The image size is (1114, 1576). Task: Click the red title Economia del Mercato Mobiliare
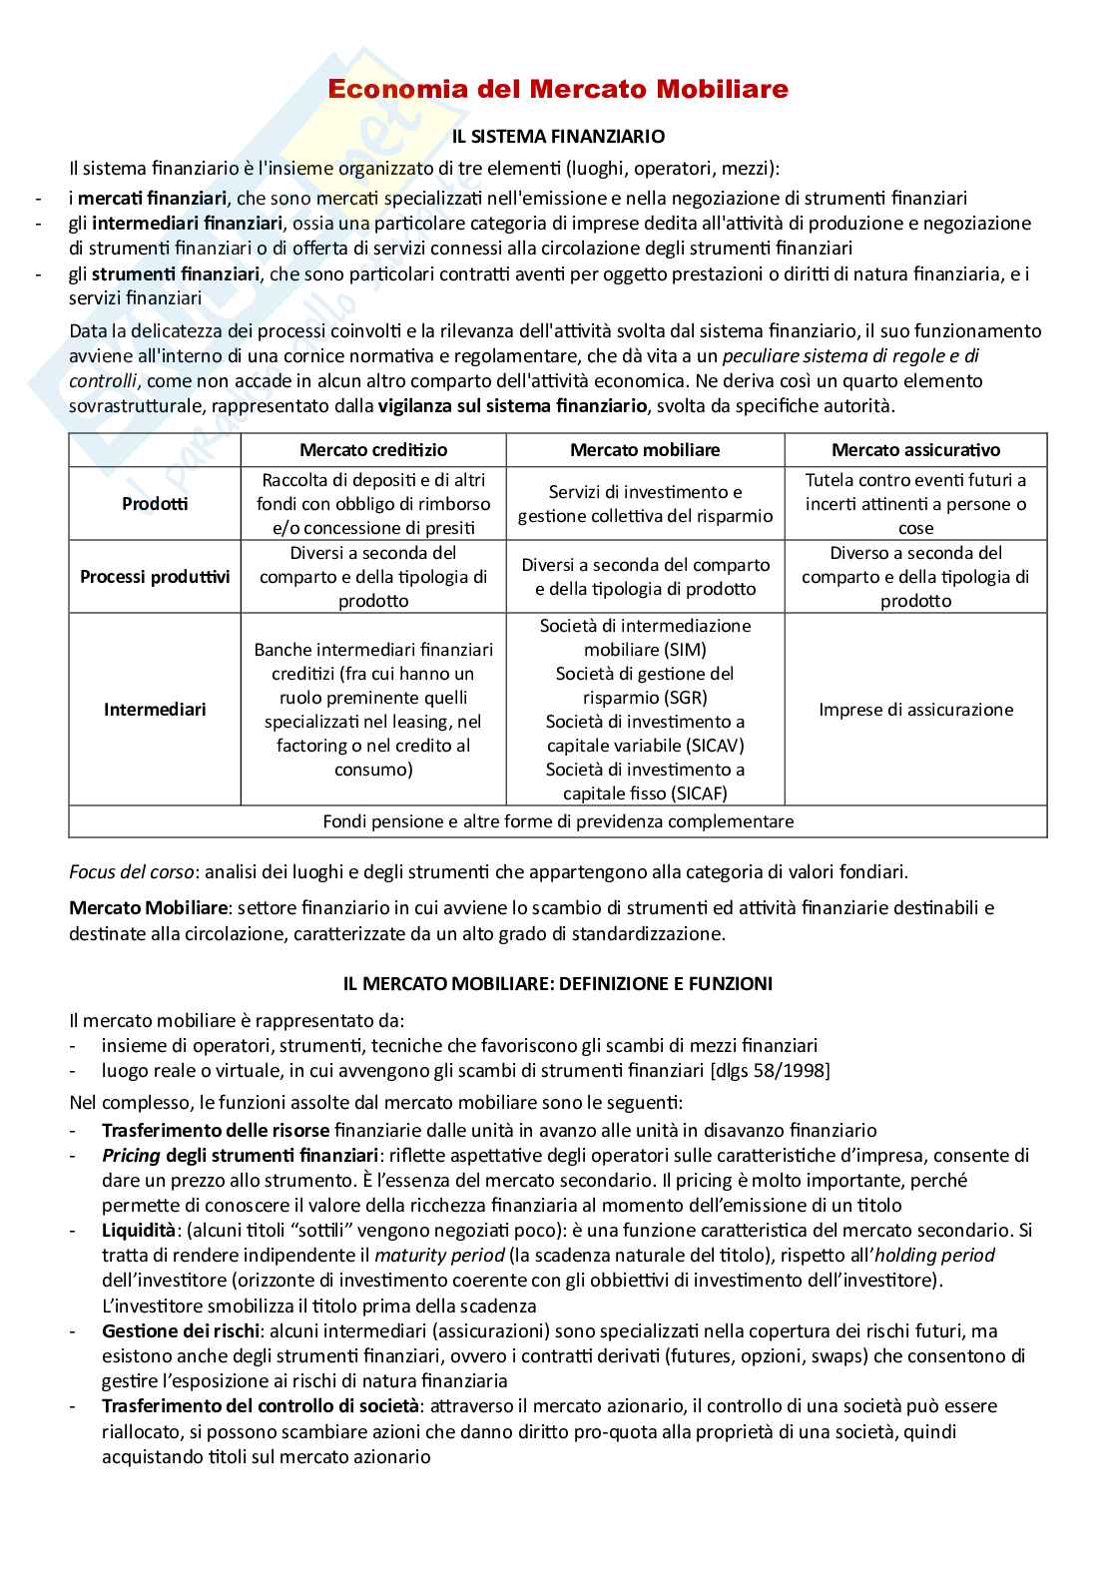(558, 89)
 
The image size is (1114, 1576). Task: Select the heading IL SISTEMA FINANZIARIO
(558, 135)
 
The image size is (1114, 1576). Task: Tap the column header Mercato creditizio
(373, 450)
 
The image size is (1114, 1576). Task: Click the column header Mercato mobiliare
(645, 450)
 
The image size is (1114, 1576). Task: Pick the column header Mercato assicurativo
(915, 450)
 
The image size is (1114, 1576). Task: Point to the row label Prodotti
(155, 504)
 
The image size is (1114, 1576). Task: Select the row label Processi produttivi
(155, 577)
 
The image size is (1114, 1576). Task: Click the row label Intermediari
(155, 710)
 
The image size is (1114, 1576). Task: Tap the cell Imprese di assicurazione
(915, 710)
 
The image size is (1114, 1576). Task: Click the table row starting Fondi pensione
(558, 821)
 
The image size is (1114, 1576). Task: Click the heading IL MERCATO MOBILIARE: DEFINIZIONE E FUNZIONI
(558, 983)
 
